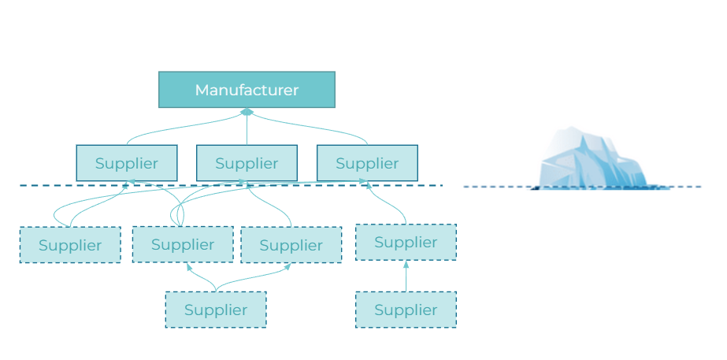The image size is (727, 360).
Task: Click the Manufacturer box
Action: tap(247, 90)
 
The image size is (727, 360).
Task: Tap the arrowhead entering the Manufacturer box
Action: tap(247, 112)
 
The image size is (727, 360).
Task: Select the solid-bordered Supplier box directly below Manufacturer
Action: tap(247, 163)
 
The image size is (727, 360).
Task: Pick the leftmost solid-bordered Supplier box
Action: tap(126, 163)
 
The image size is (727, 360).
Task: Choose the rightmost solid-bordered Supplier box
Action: tap(367, 163)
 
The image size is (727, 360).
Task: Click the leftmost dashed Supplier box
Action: tap(70, 245)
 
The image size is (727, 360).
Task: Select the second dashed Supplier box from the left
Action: tap(183, 244)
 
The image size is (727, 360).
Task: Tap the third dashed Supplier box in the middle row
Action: tap(291, 245)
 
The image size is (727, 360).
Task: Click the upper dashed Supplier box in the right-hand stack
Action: tap(406, 242)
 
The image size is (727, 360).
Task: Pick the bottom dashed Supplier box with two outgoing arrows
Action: tap(215, 310)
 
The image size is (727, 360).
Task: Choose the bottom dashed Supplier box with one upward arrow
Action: tap(406, 310)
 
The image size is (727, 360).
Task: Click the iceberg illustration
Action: tap(592, 161)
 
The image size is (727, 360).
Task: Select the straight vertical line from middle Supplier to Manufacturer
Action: tap(247, 130)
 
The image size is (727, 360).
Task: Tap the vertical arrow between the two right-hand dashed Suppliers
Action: tap(406, 276)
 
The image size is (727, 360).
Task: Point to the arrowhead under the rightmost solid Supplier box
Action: tap(364, 182)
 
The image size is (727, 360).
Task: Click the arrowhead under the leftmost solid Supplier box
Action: tap(128, 182)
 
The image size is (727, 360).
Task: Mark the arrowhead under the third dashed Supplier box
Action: tap(287, 266)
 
